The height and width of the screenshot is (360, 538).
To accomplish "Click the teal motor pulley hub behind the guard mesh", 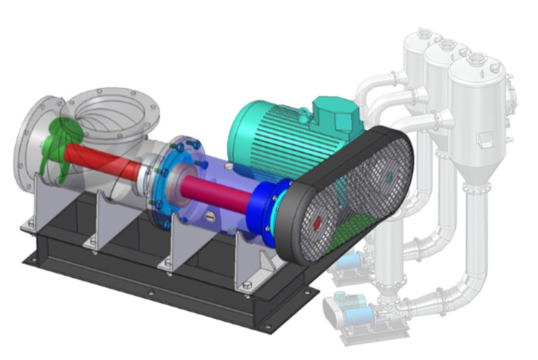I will point(389,177).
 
